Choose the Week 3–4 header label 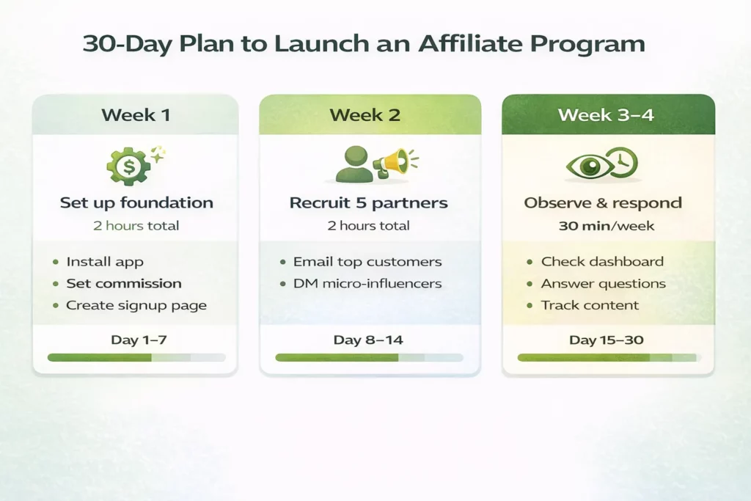click(608, 115)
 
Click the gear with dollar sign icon click(129, 166)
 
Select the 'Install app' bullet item click(105, 262)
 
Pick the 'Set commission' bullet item click(124, 283)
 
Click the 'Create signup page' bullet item click(136, 305)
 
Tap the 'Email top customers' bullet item click(367, 262)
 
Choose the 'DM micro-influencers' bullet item click(367, 283)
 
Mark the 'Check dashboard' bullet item click(602, 262)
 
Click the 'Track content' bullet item click(590, 305)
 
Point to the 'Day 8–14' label click(368, 340)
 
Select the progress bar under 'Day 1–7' click(136, 357)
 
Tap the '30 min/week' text click(607, 226)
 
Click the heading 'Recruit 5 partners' click(369, 202)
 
